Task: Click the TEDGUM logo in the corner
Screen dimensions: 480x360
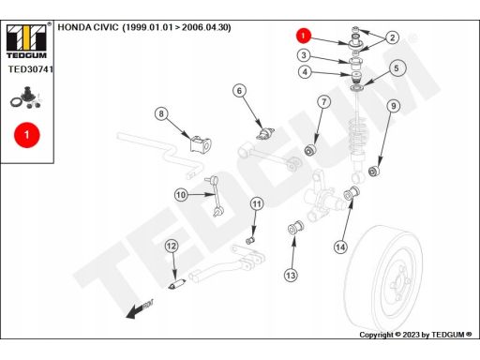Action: (x=27, y=41)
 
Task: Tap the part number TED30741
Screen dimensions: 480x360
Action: (x=31, y=69)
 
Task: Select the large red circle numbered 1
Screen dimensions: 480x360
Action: (x=27, y=135)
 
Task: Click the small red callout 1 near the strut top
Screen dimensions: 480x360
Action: (x=303, y=36)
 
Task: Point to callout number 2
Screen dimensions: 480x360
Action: (x=393, y=37)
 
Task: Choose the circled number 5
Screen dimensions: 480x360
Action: (x=397, y=68)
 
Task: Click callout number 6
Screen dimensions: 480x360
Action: (x=239, y=91)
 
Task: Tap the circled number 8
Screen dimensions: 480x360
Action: (x=161, y=113)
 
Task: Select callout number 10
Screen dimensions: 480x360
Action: (x=181, y=195)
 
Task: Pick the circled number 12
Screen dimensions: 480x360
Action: (x=172, y=247)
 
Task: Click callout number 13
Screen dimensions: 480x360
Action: (x=291, y=276)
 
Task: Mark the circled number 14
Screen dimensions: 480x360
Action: (x=340, y=247)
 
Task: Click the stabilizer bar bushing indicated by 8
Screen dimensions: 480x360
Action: (x=201, y=144)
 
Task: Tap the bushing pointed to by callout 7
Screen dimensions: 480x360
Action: (x=310, y=150)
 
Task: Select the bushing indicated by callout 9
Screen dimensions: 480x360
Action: (x=374, y=171)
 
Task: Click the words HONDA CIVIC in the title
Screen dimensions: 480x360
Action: (x=88, y=27)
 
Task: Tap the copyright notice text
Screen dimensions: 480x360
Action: (x=415, y=335)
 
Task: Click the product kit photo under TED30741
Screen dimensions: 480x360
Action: (x=26, y=98)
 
